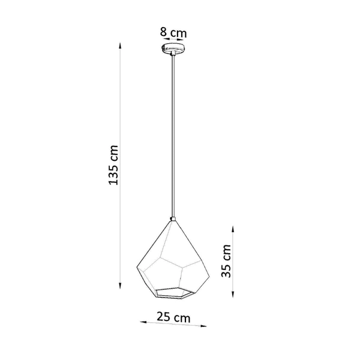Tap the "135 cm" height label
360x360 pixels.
pyautogui.click(x=114, y=166)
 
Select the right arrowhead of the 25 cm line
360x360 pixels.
pyautogui.click(x=206, y=327)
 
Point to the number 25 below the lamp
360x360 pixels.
pyautogui.click(x=163, y=317)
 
